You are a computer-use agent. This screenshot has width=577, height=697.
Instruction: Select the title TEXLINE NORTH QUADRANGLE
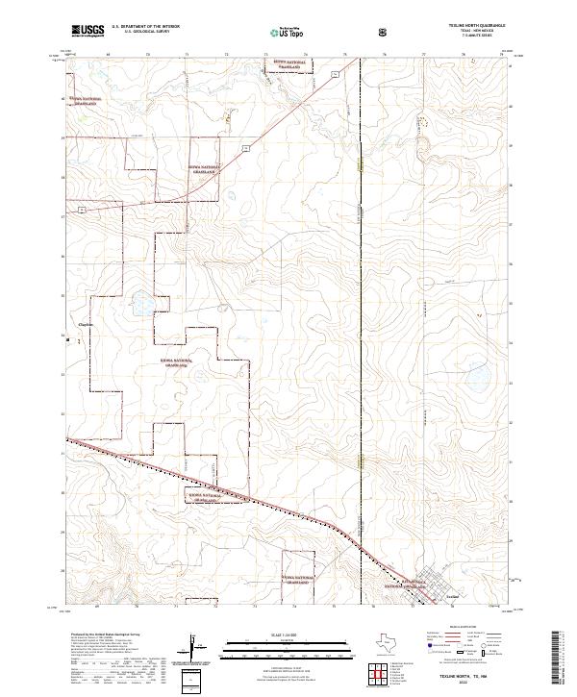tap(481, 26)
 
